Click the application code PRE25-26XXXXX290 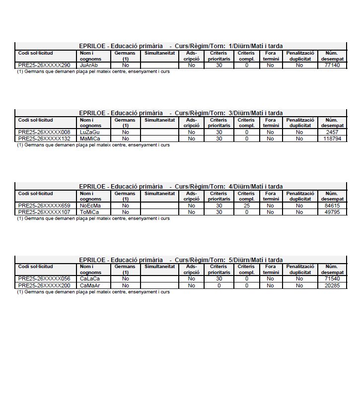click(44, 66)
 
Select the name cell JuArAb click(89, 66)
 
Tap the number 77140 click(332, 66)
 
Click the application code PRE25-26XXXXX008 click(44, 133)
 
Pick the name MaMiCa click(90, 139)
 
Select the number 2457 click(332, 133)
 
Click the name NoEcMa click(90, 206)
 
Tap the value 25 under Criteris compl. click(246, 206)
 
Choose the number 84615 click(332, 206)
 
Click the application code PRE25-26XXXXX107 click(44, 212)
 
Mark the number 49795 click(332, 212)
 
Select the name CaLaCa click(90, 279)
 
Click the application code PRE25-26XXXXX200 click(44, 286)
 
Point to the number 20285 click(332, 286)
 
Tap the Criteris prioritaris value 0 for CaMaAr click(218, 286)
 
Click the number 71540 click(332, 279)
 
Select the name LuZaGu click(90, 133)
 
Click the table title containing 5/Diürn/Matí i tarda click(181, 260)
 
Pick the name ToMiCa click(90, 212)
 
